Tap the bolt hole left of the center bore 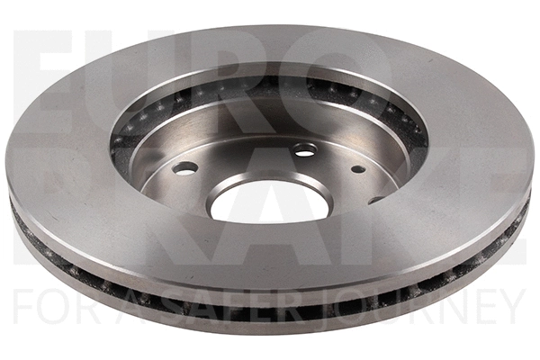pyautogui.click(x=185, y=167)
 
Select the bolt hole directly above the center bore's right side pyautogui.click(x=304, y=148)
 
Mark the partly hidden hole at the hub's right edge pyautogui.click(x=375, y=200)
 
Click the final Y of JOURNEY pyautogui.click(x=508, y=307)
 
